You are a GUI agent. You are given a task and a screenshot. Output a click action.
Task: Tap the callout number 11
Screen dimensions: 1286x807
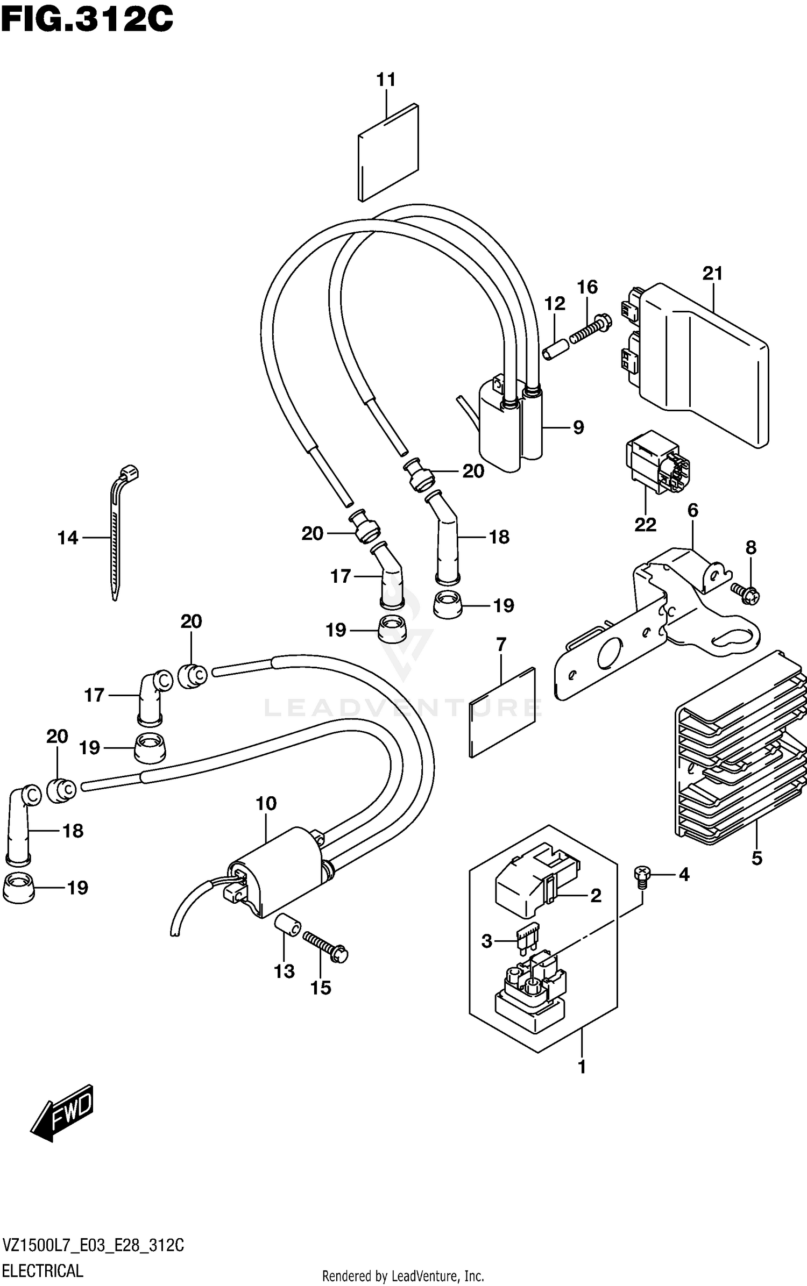tap(386, 80)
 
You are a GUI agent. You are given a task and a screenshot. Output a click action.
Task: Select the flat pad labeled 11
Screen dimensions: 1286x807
tap(388, 153)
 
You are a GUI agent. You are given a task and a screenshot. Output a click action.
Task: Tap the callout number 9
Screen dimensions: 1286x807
tap(578, 427)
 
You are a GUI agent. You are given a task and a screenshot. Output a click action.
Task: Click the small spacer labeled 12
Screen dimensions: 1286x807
tap(554, 349)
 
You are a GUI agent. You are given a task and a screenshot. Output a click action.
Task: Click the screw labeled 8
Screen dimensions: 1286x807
tap(746, 592)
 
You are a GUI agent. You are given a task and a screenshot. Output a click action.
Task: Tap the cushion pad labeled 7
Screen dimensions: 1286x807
tap(502, 712)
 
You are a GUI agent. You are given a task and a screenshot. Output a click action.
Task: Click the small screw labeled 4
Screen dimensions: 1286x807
tap(641, 876)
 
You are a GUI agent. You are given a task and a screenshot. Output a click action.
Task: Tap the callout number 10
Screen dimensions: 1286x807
tap(266, 804)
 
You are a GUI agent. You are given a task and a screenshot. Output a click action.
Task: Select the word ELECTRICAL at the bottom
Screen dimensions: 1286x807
tap(43, 1271)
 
